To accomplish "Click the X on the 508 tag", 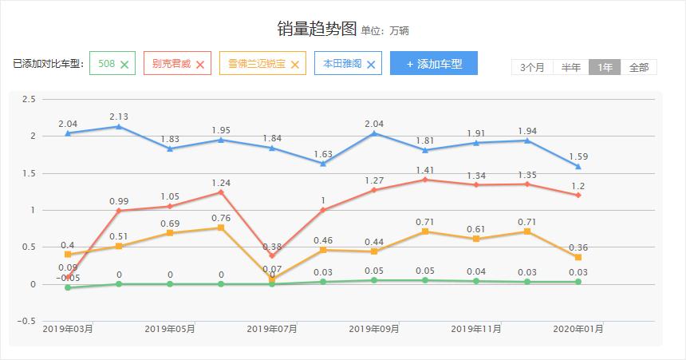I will [x=124, y=64].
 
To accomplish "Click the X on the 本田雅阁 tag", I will [x=370, y=64].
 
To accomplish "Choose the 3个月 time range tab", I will [x=532, y=67].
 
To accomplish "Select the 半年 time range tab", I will [x=570, y=67].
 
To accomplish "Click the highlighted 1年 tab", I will [x=605, y=67].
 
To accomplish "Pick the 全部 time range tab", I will [x=639, y=67].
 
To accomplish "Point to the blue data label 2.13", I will [x=119, y=117].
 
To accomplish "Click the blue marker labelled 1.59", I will [x=578, y=166].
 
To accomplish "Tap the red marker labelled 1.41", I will [x=425, y=180].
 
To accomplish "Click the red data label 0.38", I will [x=272, y=247].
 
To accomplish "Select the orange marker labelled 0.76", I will [x=221, y=227].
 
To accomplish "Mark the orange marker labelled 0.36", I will [x=578, y=257].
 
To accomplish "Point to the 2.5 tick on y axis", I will [x=29, y=99].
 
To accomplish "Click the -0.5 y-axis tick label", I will [x=27, y=321].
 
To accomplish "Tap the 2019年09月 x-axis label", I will [x=374, y=328].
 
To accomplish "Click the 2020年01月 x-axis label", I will [x=578, y=328].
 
